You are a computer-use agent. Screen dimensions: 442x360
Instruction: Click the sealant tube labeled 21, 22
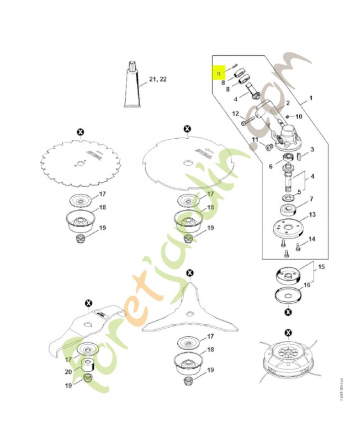[133, 89]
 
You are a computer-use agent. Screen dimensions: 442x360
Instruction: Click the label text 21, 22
[157, 80]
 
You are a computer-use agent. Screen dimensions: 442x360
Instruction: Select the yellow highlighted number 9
[219, 73]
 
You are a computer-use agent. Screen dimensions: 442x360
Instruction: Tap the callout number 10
[299, 117]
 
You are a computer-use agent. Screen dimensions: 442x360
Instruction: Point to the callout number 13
[311, 214]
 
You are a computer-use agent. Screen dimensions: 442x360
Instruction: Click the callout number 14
[311, 239]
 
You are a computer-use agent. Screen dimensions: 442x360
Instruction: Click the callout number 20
[68, 372]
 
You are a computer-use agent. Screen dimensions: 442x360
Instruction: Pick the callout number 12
[235, 114]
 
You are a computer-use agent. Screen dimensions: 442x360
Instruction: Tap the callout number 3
[311, 149]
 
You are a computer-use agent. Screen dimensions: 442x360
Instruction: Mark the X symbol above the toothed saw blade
[81, 131]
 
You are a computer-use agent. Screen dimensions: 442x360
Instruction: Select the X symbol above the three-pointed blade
[190, 273]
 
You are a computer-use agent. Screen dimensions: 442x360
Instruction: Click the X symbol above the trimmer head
[288, 333]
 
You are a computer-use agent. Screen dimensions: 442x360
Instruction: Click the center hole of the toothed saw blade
[81, 162]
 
